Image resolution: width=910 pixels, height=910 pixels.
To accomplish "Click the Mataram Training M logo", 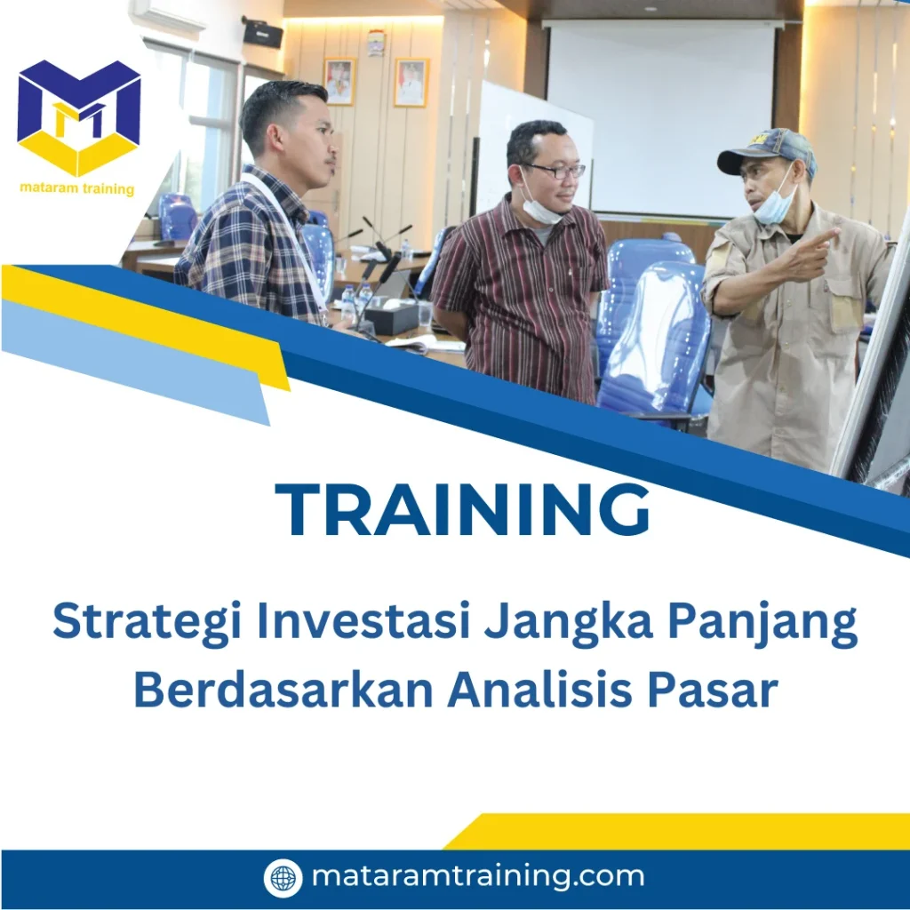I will point(78,116).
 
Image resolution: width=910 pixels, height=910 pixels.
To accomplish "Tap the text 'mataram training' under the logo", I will point(77,188).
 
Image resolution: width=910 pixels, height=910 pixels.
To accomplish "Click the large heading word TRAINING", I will point(462,510).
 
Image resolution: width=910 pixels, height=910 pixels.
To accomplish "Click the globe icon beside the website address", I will point(283,878).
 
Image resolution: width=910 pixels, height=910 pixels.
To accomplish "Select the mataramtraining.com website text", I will point(477,877).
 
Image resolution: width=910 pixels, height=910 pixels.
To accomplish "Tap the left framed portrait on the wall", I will point(339,82).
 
